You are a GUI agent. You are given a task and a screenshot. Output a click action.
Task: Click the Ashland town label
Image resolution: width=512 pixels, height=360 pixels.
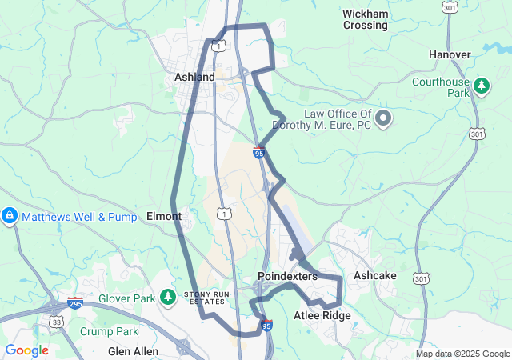pyautogui.click(x=195, y=77)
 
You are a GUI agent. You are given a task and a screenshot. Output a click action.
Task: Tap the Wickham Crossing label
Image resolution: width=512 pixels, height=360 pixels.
pyautogui.click(x=365, y=19)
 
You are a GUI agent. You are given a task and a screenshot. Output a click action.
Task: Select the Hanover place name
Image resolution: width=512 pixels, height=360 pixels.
pyautogui.click(x=450, y=54)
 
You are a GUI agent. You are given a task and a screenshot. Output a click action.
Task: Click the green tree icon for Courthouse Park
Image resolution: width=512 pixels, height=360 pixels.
pyautogui.click(x=482, y=86)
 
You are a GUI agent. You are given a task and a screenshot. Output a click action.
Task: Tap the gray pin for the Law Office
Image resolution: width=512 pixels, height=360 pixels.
pyautogui.click(x=383, y=119)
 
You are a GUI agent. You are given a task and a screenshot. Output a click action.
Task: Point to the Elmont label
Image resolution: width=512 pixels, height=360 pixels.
pyautogui.click(x=164, y=216)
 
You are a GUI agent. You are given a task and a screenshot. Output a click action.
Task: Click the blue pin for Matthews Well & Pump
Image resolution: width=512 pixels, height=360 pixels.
pyautogui.click(x=10, y=216)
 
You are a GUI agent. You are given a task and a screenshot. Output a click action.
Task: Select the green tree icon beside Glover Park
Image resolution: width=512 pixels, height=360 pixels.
pyautogui.click(x=167, y=298)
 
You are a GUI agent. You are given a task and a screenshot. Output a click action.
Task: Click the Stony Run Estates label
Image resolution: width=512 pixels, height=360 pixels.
pyautogui.click(x=207, y=298)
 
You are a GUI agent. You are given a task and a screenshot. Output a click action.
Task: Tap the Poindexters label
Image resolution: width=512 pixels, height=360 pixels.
pyautogui.click(x=287, y=276)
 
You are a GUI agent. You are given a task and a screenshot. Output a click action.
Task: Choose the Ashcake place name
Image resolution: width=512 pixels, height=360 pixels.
pyautogui.click(x=374, y=275)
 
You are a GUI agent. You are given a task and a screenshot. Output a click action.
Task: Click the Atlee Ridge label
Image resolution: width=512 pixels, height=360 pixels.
pyautogui.click(x=322, y=315)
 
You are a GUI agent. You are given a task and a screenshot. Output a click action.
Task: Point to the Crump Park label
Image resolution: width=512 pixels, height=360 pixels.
pyautogui.click(x=109, y=331)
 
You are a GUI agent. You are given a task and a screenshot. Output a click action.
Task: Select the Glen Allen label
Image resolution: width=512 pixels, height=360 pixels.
pyautogui.click(x=133, y=351)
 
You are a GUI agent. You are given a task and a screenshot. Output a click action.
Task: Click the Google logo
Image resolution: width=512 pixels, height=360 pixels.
pyautogui.click(x=26, y=350)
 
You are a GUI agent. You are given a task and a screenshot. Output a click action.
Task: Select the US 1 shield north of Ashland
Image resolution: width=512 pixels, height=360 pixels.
pyautogui.click(x=218, y=46)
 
